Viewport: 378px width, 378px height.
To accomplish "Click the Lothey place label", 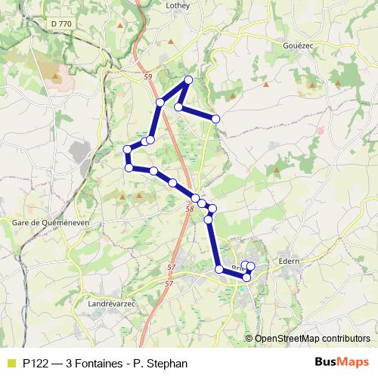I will (x=176, y=5).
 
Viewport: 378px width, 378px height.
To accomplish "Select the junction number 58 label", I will (x=189, y=209).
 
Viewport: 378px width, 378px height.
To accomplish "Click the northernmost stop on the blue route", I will (x=188, y=80).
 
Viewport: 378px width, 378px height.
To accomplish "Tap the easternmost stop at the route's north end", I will (x=215, y=119).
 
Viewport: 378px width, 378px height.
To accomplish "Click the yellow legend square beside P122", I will (x=11, y=363).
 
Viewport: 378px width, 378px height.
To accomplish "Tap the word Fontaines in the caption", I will (x=96, y=363).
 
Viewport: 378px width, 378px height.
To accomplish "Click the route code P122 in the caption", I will (x=36, y=363).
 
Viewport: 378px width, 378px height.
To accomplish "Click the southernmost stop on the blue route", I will (x=246, y=278).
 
